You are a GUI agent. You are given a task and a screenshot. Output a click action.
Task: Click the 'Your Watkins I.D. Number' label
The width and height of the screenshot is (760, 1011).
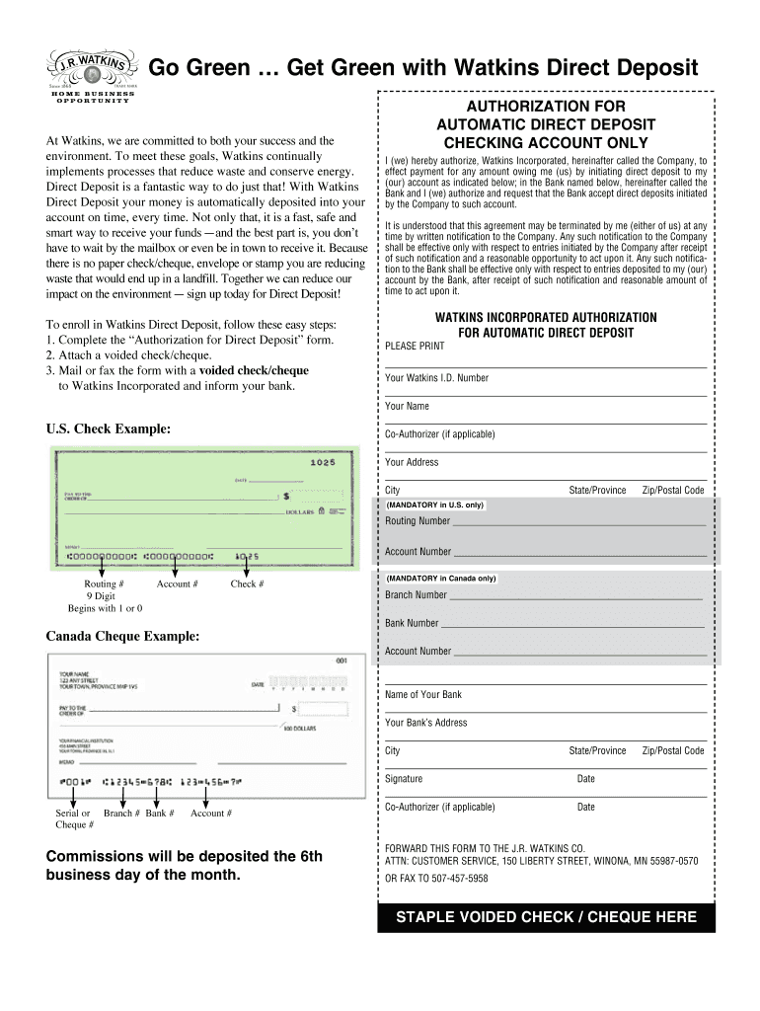pos(436,378)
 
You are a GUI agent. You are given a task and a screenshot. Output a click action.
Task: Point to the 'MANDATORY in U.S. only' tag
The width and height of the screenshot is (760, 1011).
pos(434,505)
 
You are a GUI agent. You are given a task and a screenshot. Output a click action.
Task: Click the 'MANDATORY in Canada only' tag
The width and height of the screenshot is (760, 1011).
pos(440,579)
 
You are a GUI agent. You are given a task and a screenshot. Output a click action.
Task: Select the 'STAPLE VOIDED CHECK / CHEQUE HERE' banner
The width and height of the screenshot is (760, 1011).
pos(546,917)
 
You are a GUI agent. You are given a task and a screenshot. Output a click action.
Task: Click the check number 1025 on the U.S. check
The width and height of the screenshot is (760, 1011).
pos(323,462)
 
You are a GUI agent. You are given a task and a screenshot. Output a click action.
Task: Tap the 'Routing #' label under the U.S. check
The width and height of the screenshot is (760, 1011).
pos(104,583)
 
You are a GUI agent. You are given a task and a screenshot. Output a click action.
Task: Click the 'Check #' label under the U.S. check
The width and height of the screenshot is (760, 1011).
pos(247,583)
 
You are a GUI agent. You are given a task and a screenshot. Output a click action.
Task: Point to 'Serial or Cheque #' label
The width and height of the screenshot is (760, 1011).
pos(74,818)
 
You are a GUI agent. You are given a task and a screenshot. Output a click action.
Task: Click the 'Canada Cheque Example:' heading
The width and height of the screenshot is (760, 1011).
pos(122,637)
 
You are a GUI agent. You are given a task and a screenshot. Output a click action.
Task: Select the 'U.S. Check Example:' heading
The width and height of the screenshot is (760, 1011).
pos(108,428)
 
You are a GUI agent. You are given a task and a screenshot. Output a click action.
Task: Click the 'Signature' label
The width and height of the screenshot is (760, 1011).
pos(404,779)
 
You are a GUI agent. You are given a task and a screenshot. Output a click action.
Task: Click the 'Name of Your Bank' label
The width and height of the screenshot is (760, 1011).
pos(423,695)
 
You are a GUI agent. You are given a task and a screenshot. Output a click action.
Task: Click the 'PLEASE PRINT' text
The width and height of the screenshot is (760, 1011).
pos(415,347)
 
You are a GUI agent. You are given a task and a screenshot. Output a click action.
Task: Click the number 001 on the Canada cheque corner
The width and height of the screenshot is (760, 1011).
pos(342,660)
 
